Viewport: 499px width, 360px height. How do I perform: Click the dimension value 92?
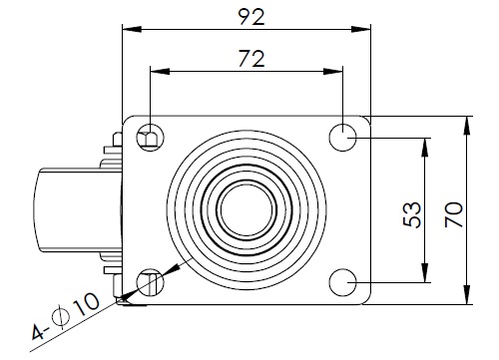pos(251,17)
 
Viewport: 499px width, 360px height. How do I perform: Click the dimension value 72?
pos(251,59)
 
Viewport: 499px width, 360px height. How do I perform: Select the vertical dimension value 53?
pos(412,214)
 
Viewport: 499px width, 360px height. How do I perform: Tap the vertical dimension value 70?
pos(454,214)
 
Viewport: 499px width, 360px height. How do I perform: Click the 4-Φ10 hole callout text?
pos(66,316)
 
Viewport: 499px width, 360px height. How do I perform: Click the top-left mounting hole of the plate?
pos(151,138)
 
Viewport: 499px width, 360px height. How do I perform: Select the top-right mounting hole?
pos(342,138)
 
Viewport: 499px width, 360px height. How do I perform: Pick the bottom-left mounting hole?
pos(151,282)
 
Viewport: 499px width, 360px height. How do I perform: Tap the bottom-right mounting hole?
pos(342,282)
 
